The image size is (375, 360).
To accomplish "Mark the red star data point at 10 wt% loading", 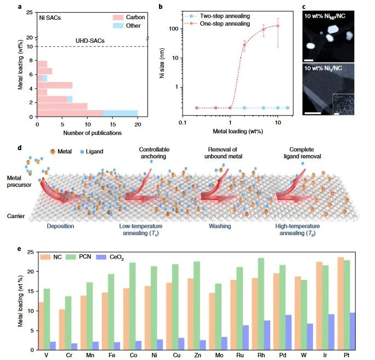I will [x=278, y=26].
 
